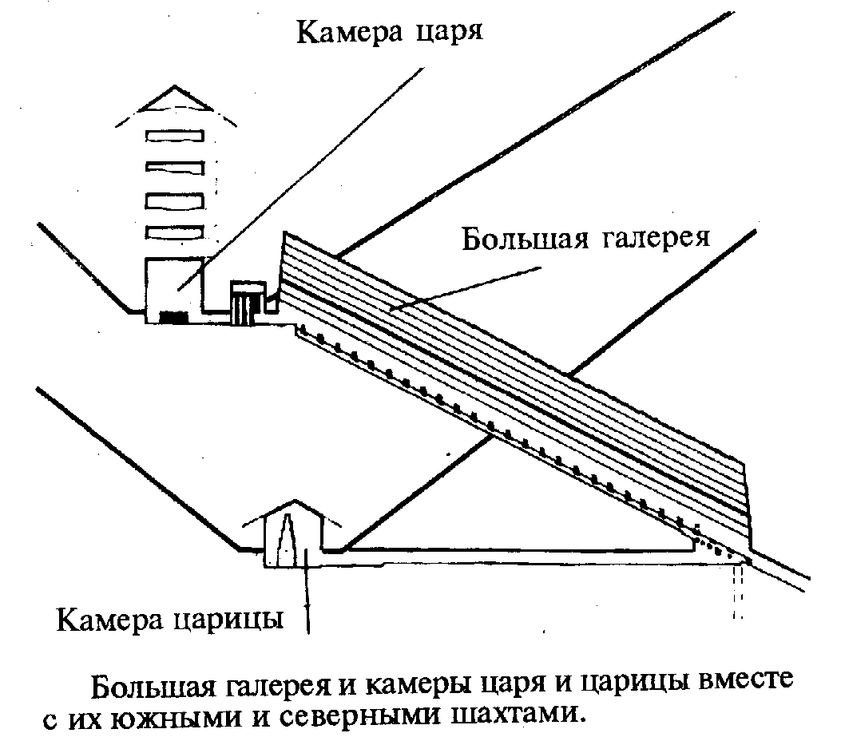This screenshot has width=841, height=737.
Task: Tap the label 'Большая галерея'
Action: (585, 239)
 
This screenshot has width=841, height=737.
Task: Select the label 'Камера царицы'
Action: (171, 619)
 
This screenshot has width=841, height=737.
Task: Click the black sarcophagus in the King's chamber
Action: (174, 317)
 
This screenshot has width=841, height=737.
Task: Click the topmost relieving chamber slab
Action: (175, 137)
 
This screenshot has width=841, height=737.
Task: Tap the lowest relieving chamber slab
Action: (175, 232)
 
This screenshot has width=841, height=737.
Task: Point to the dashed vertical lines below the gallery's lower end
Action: (739, 591)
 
